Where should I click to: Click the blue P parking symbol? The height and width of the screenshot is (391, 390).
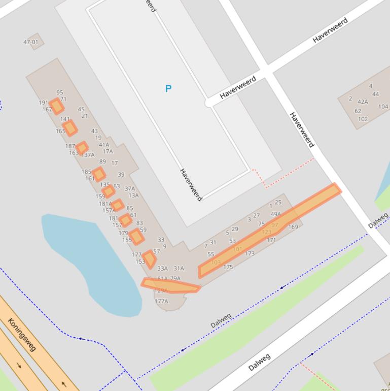[x=168, y=89]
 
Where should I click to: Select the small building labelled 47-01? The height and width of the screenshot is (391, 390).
[x=31, y=42]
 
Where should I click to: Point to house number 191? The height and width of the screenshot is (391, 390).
[x=44, y=103]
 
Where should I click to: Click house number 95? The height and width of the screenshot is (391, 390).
[x=60, y=92]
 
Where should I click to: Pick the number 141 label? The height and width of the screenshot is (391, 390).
[x=65, y=119]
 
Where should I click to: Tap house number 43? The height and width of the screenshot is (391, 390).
[x=94, y=131]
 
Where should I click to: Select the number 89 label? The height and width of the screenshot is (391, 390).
[x=103, y=162]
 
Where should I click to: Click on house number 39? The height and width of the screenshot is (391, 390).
[x=121, y=175]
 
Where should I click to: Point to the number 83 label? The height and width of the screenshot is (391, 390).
[x=139, y=223]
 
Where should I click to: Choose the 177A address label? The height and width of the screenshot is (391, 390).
[x=161, y=301]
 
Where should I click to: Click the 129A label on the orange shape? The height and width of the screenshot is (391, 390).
[x=161, y=291]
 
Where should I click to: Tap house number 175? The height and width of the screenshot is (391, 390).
[x=228, y=267]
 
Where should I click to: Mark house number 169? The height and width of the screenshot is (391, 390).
[x=293, y=227]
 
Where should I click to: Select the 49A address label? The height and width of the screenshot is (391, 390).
[x=275, y=214]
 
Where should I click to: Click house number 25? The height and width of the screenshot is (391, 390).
[x=278, y=203]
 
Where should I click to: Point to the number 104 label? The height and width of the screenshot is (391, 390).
[x=383, y=107]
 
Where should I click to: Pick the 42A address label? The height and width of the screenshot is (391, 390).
[x=363, y=102]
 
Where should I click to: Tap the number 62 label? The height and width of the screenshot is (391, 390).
[x=358, y=111]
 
